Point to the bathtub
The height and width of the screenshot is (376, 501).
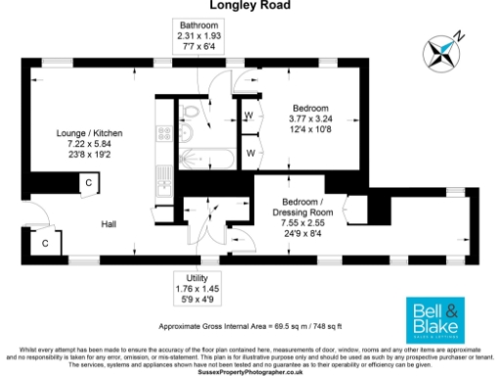(x=206, y=158)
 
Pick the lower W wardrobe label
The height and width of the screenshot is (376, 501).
(x=249, y=154)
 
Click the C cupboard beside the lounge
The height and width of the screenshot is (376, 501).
(x=89, y=183)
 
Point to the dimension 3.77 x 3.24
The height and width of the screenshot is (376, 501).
(x=310, y=119)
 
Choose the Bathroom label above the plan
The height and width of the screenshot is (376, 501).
(x=199, y=24)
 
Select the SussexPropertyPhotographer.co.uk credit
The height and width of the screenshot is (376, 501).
(x=250, y=371)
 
